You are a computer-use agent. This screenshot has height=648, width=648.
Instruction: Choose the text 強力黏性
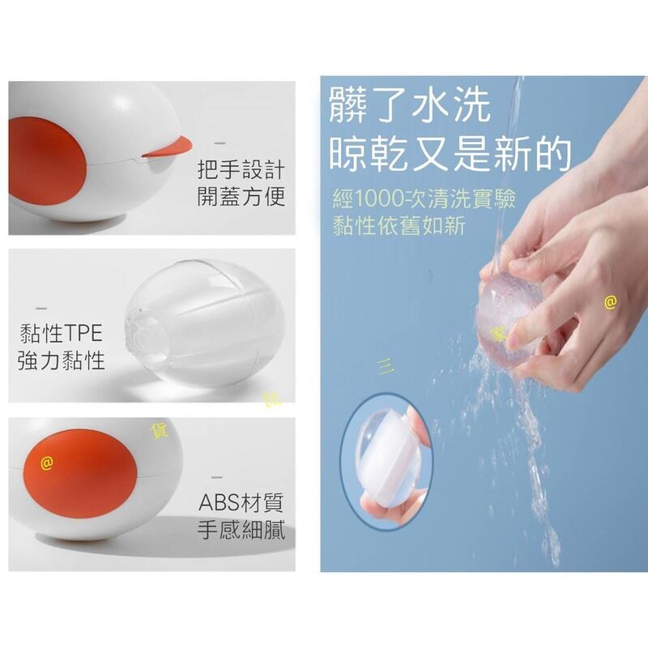tap(62, 360)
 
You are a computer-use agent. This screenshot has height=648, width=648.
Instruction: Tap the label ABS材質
tap(241, 503)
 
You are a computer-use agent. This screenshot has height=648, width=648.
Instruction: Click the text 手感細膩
tap(241, 531)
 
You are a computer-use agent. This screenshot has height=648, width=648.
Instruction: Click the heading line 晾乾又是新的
tap(450, 151)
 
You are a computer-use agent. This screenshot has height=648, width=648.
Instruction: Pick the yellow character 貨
tap(160, 430)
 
